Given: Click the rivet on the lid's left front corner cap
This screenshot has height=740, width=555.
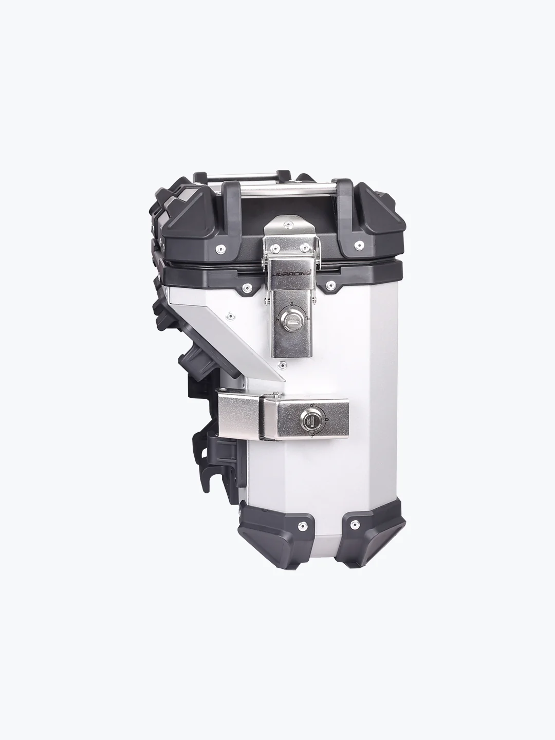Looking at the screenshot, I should point(221,249).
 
